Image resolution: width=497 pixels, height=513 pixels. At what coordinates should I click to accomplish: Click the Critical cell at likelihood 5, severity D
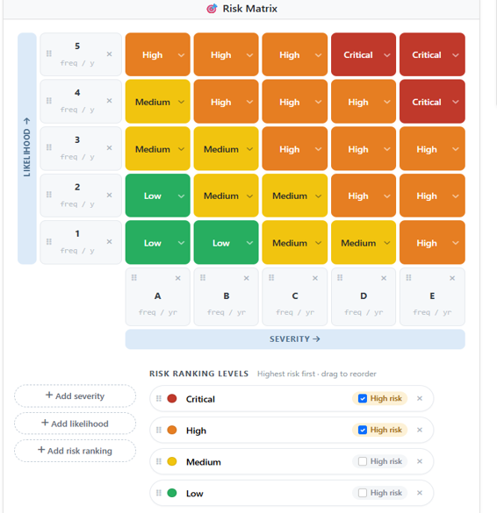[x=364, y=54]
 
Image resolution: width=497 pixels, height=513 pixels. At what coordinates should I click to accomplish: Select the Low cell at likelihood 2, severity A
[x=157, y=196]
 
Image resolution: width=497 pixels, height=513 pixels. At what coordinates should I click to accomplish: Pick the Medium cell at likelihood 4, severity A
[x=157, y=102]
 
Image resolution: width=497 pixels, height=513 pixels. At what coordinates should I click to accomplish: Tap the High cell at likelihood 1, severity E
[x=432, y=242]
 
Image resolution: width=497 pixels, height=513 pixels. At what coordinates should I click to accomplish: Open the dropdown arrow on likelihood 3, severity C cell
[x=318, y=149]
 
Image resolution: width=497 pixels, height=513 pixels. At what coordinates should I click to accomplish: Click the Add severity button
[x=75, y=395]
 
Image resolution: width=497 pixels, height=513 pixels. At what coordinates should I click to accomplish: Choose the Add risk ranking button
[x=75, y=451]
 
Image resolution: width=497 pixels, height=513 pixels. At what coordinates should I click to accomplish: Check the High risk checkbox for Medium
[x=363, y=461]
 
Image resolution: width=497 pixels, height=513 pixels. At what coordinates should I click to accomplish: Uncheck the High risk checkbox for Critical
[x=363, y=398]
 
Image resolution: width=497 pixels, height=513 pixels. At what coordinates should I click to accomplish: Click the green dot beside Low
[x=172, y=493]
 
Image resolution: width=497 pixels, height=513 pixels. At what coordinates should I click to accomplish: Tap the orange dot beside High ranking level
[x=172, y=430]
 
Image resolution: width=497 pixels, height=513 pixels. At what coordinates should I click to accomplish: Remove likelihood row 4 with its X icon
[x=110, y=101]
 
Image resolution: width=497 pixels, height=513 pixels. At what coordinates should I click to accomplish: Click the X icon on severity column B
[x=247, y=278]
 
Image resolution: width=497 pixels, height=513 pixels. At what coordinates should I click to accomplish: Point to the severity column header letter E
[x=432, y=296]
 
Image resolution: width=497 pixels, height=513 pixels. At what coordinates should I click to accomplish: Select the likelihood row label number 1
[x=77, y=233]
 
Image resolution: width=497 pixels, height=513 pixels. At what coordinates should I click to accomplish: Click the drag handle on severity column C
[x=271, y=278]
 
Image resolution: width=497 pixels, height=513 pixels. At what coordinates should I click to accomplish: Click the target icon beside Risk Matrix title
[x=212, y=9]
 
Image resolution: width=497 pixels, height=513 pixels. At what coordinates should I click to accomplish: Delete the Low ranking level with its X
[x=420, y=493]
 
